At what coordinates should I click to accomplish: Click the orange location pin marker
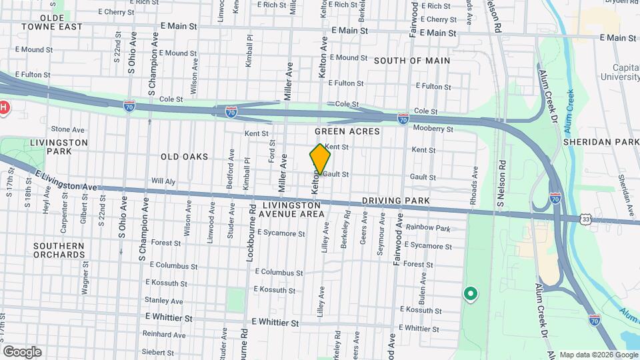(321, 159)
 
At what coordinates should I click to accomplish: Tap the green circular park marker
(470, 293)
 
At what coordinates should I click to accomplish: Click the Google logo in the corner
(22, 351)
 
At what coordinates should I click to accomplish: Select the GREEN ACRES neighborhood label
(347, 131)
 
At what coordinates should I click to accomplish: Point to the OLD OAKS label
(184, 157)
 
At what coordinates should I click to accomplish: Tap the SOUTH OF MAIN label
(411, 61)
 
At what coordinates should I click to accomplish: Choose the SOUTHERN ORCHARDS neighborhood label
(59, 250)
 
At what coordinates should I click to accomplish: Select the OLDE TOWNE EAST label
(51, 22)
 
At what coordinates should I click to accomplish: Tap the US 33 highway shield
(585, 219)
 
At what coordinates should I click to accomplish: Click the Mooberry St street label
(433, 129)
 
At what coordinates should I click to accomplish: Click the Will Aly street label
(163, 181)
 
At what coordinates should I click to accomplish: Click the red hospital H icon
(3, 107)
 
